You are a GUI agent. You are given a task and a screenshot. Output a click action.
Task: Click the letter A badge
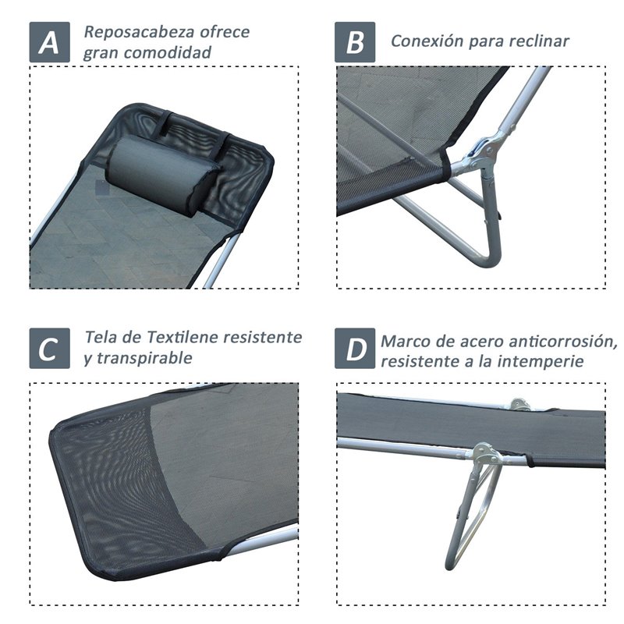[50, 42]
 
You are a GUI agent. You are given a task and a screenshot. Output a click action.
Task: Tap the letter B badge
[355, 42]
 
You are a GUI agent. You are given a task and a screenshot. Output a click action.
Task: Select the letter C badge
[50, 348]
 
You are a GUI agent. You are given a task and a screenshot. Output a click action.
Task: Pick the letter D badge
[355, 348]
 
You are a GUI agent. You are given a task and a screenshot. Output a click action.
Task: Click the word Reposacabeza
[140, 32]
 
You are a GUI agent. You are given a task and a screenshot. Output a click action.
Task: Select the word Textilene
[182, 338]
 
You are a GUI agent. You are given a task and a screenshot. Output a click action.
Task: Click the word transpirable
[145, 358]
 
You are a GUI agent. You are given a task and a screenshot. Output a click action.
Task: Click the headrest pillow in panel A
[161, 175]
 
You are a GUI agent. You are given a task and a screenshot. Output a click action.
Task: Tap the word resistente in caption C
[262, 338]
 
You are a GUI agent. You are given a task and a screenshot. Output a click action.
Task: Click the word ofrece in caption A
[225, 32]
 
